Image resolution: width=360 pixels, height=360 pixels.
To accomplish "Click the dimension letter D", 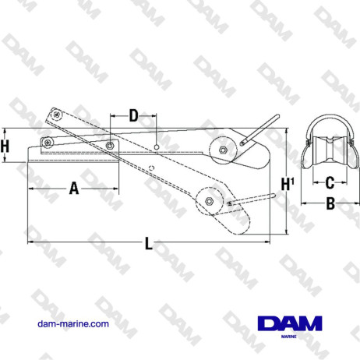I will pos(133,116).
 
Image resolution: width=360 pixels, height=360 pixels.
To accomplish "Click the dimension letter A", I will pos(74,188).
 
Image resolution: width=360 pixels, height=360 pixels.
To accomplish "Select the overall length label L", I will pos(148,243).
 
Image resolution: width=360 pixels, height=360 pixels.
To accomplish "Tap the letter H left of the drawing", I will pos(5,145).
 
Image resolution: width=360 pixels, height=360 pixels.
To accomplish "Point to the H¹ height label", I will pos(288,184).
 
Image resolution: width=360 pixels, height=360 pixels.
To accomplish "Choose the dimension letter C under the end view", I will pos(330,183).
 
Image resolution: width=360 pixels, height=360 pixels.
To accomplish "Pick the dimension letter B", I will pos(330,204).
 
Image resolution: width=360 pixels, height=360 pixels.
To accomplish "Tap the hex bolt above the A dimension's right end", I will pos(110,146).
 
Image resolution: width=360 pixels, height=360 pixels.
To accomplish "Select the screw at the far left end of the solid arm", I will pos(48,143).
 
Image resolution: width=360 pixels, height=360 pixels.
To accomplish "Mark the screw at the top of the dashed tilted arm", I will pos(57,115).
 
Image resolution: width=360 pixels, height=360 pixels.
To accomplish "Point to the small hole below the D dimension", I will pos(157,146).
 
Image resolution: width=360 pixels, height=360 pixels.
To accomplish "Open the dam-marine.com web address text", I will pos(73,323).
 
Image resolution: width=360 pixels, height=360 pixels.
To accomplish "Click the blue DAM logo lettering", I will pos(287,322).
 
